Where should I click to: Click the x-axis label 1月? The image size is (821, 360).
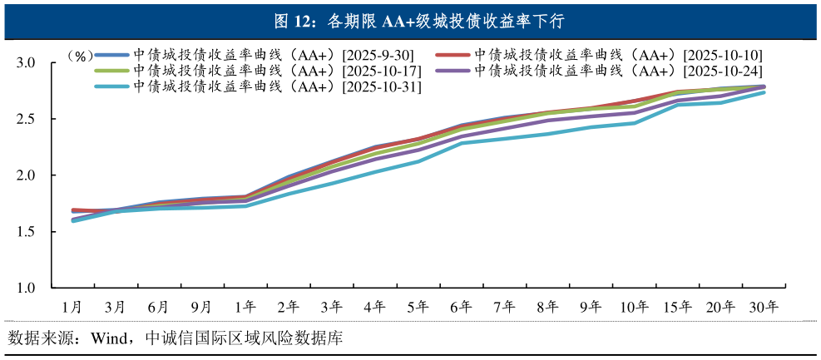click(73, 307)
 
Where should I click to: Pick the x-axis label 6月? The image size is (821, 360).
click(159, 307)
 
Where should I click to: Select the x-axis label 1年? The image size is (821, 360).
click(245, 307)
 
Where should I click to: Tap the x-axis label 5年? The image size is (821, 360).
click(418, 307)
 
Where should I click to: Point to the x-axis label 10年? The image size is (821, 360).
click(635, 307)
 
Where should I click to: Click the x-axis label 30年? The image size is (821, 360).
click(764, 307)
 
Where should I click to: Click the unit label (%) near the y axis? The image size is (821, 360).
click(81, 57)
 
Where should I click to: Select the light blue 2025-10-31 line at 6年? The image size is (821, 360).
click(462, 143)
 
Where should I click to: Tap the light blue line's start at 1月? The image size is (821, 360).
click(74, 220)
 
